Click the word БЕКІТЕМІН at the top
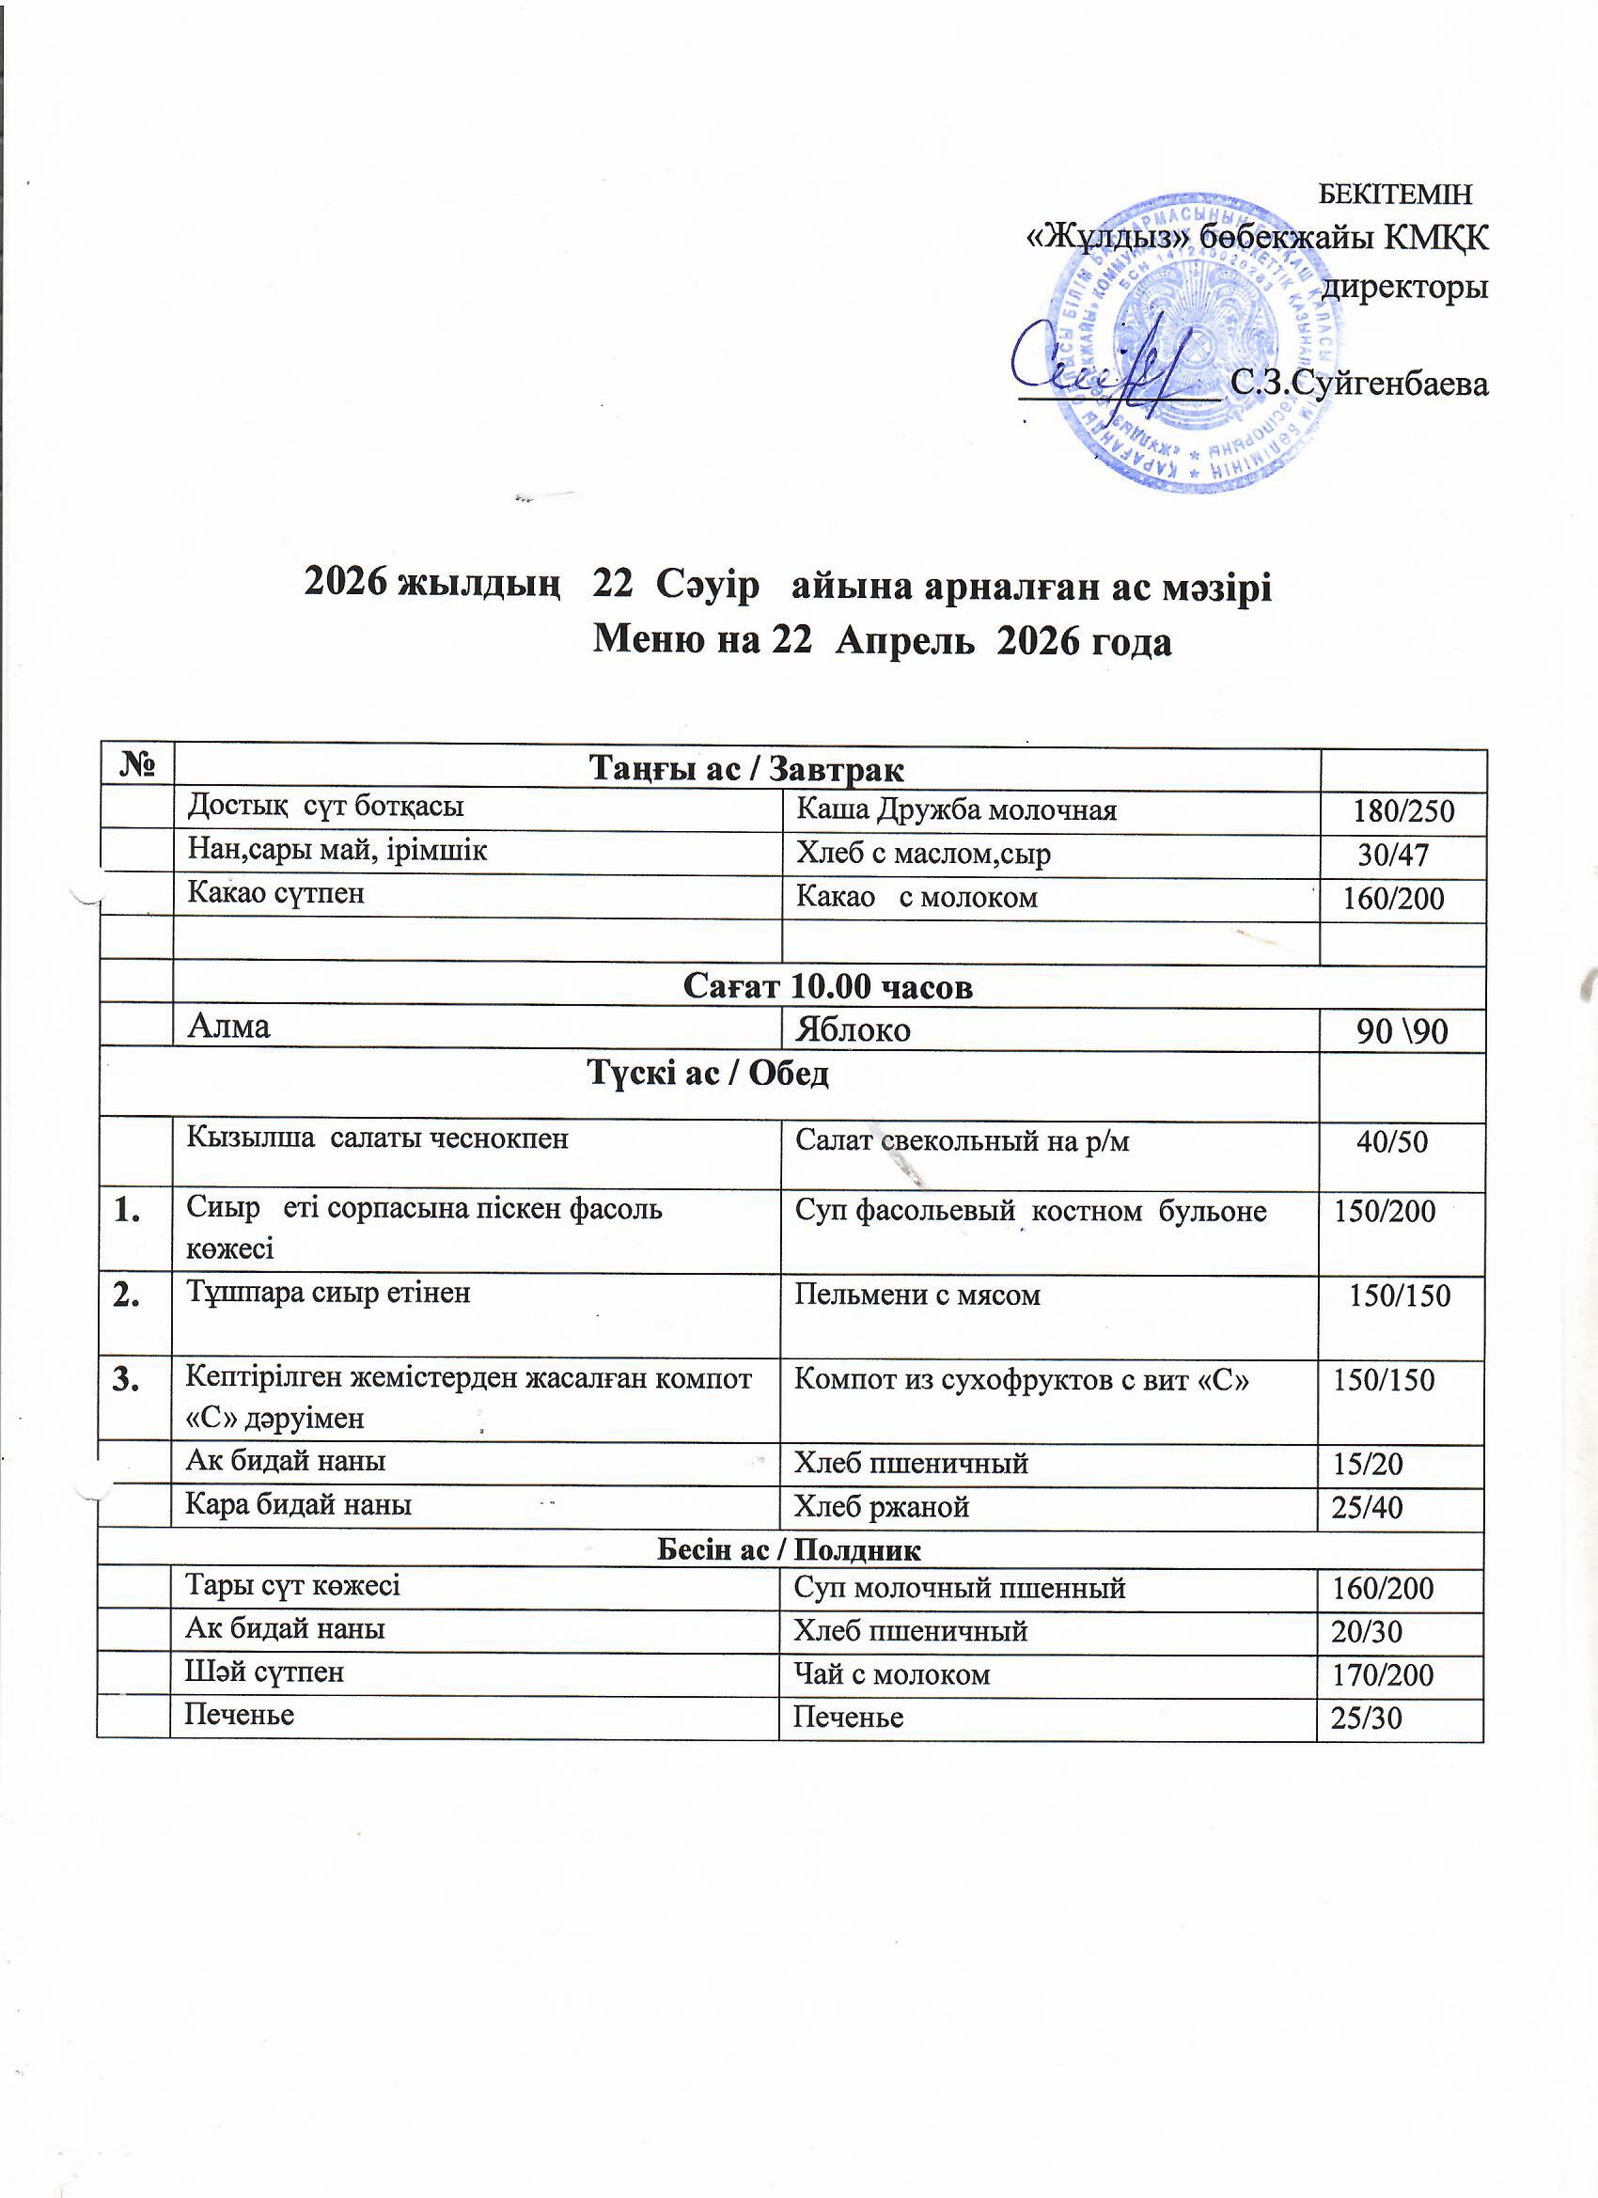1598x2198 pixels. (1396, 194)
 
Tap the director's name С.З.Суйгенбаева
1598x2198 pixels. (1357, 384)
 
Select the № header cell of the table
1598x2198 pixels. (135, 767)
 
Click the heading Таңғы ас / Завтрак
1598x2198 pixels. (746, 770)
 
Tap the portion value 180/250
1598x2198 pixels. (1403, 811)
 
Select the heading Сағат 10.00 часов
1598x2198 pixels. (827, 986)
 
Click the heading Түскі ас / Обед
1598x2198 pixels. (709, 1074)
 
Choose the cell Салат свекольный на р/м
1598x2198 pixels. (962, 1141)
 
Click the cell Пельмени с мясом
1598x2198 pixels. (916, 1295)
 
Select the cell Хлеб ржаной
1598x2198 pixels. (881, 1507)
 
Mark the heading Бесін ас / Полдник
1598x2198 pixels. (789, 1549)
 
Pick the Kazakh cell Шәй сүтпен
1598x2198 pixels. (264, 1672)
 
